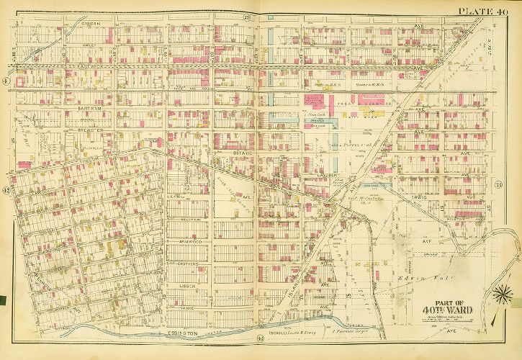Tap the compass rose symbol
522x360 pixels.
point(501,294)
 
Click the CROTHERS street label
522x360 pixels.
point(189,264)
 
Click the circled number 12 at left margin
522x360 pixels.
point(6,190)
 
